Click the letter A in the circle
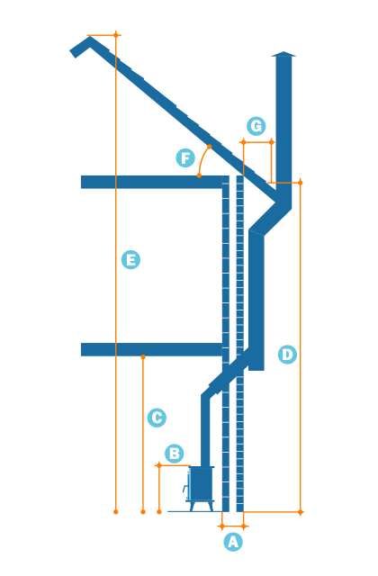(233, 542)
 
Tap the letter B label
(175, 454)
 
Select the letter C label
(157, 418)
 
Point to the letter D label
(287, 355)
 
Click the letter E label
(130, 260)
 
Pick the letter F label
(185, 158)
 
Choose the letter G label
(256, 126)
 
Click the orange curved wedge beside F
(204, 162)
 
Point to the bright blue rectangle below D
(287, 425)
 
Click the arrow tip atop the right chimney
(283, 54)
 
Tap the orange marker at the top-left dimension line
(116, 35)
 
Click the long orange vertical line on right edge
(300, 346)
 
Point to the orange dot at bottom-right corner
(300, 512)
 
